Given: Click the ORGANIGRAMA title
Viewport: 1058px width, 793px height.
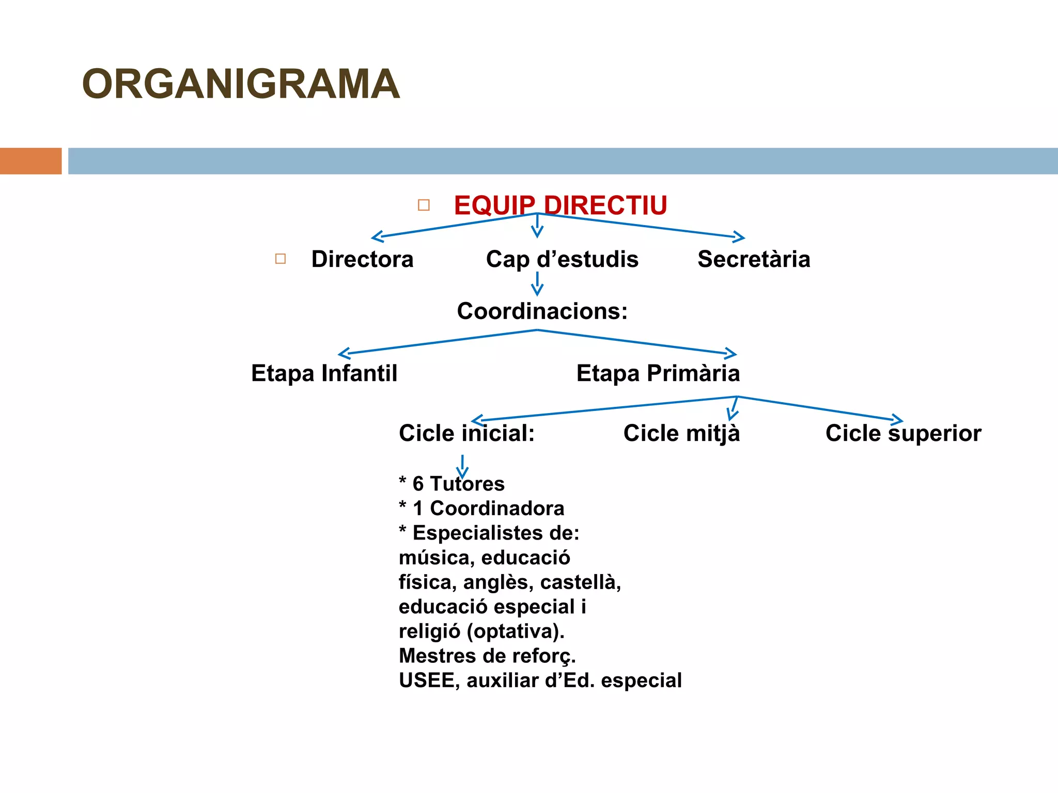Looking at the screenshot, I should (241, 84).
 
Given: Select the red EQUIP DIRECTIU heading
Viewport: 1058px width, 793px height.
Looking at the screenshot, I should (561, 205).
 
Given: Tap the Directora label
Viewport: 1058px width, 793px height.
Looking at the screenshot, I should (362, 259).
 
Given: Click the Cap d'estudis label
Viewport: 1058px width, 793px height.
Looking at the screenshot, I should (562, 259).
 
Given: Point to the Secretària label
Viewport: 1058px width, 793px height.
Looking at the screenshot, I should (754, 259).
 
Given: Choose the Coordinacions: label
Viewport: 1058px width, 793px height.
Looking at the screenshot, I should (542, 311).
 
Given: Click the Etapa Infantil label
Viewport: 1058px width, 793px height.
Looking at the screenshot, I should (324, 373).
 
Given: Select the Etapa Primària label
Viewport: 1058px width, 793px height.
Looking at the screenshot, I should (658, 373).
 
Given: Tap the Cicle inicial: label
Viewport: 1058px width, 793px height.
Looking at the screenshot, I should (466, 433).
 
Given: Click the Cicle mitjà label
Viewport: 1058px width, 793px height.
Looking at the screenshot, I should (681, 433).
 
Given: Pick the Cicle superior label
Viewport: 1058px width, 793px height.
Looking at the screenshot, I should (903, 433).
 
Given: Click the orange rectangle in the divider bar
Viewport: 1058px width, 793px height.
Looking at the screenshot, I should (30, 161).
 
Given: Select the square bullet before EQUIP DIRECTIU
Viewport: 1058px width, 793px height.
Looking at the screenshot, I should (424, 205).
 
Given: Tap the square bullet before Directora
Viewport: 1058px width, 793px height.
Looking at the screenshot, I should (281, 259).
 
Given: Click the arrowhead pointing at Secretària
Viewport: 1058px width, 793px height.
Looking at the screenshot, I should (740, 237).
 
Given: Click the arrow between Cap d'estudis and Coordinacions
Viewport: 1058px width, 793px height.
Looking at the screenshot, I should (537, 283).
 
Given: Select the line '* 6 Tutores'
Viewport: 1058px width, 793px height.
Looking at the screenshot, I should (452, 484).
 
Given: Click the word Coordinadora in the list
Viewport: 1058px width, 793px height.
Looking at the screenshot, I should (497, 509).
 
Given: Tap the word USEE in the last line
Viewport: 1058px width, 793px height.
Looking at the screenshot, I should (427, 680).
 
